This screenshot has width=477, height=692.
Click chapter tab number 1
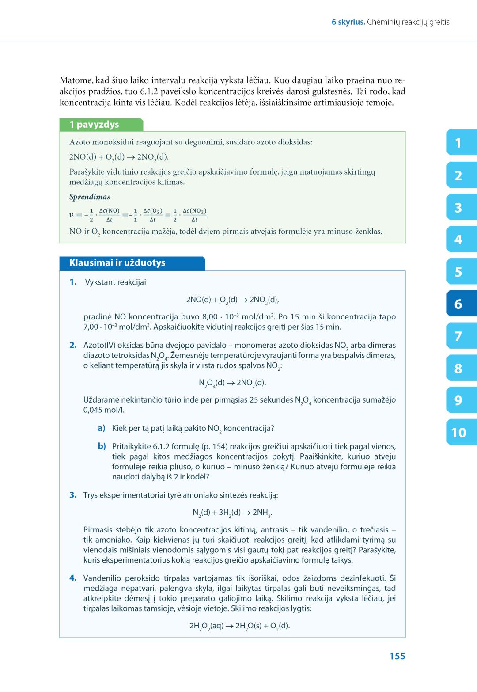(459, 143)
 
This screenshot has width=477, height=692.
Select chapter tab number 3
(459, 207)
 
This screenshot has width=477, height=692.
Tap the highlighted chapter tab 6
(459, 304)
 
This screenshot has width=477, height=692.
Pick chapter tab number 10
(459, 433)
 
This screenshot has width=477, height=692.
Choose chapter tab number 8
(459, 368)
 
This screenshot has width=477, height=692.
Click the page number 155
(397, 656)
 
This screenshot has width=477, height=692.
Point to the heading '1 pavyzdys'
(94, 125)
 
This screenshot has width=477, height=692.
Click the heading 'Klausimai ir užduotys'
(117, 263)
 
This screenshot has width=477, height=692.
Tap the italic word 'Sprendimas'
(90, 197)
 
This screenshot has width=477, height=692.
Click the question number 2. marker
(73, 345)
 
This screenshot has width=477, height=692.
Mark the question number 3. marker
(73, 495)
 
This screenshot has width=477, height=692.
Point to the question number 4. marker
(73, 578)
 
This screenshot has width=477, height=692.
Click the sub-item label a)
(102, 428)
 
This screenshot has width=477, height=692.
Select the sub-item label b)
(102, 446)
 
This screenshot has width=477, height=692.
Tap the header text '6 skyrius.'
(348, 22)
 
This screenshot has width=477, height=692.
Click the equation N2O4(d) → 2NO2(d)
(232, 383)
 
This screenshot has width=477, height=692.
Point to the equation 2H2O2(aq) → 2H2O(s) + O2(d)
(239, 626)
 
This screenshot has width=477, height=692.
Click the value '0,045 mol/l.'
(104, 410)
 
